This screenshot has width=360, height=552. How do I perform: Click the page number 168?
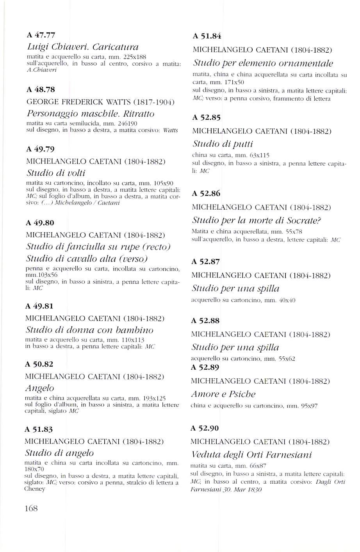(x=31, y=508)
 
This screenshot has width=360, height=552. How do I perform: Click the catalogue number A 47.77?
(x=40, y=35)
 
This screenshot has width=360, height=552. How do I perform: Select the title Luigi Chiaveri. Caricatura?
(x=82, y=48)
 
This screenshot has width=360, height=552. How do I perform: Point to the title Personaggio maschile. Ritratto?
(x=90, y=114)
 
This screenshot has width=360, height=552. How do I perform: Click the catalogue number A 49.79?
(x=40, y=149)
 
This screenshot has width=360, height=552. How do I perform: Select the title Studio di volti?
(x=55, y=173)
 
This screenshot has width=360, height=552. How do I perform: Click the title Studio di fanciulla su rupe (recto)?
(x=98, y=247)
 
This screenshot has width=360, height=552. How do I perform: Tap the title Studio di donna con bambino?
(x=89, y=330)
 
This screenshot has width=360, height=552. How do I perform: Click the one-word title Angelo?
(x=39, y=388)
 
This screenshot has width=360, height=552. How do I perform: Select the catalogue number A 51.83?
(x=39, y=429)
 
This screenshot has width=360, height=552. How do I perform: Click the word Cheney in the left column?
(x=35, y=489)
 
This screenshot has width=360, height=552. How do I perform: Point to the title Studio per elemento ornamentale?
(x=263, y=63)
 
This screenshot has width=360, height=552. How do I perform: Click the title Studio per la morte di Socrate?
(x=257, y=220)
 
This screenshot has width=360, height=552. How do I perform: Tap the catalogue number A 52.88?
(x=205, y=321)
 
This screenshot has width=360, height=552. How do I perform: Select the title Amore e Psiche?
(x=223, y=394)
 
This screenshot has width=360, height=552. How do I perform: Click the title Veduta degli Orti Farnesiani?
(x=251, y=455)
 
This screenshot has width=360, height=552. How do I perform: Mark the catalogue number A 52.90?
(x=205, y=428)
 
